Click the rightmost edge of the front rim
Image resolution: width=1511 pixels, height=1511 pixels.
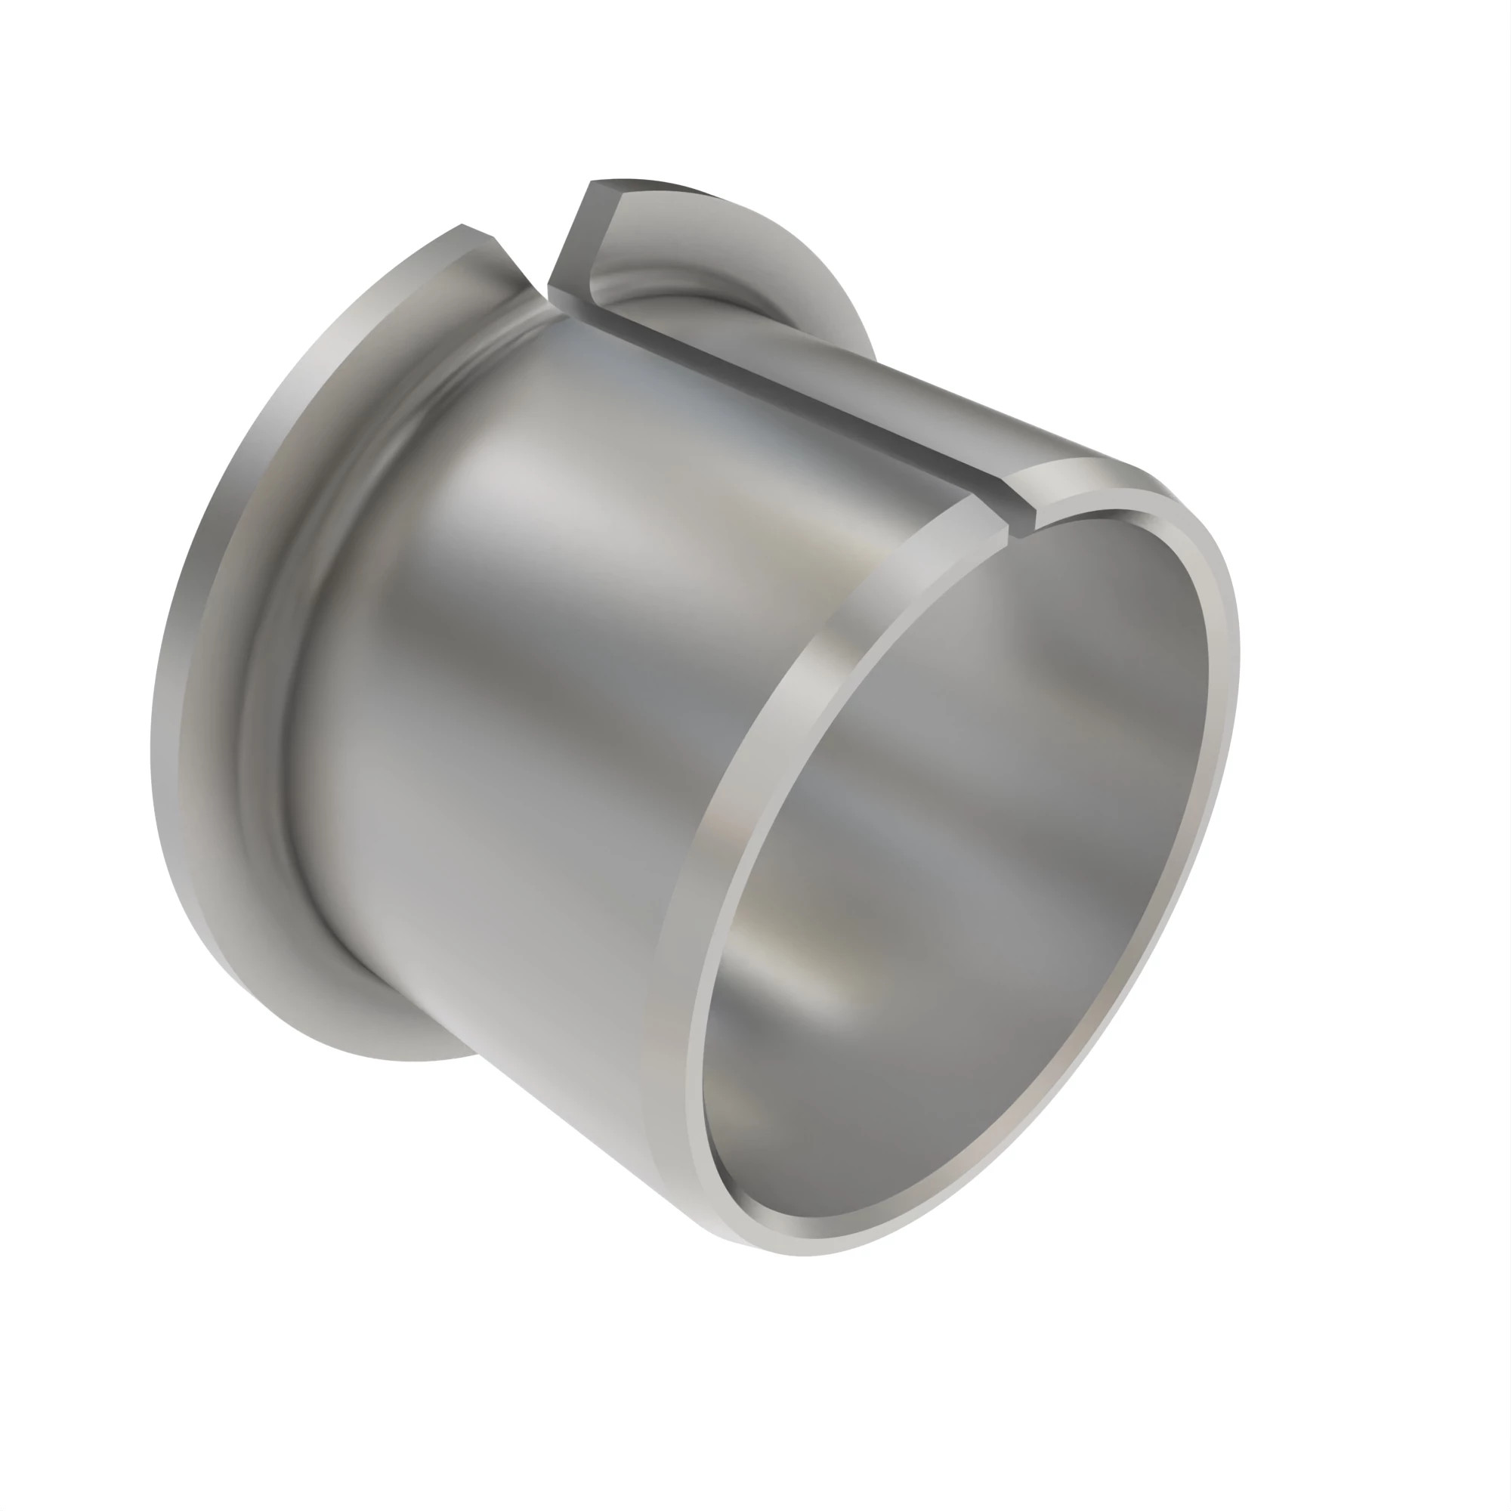1238,657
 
